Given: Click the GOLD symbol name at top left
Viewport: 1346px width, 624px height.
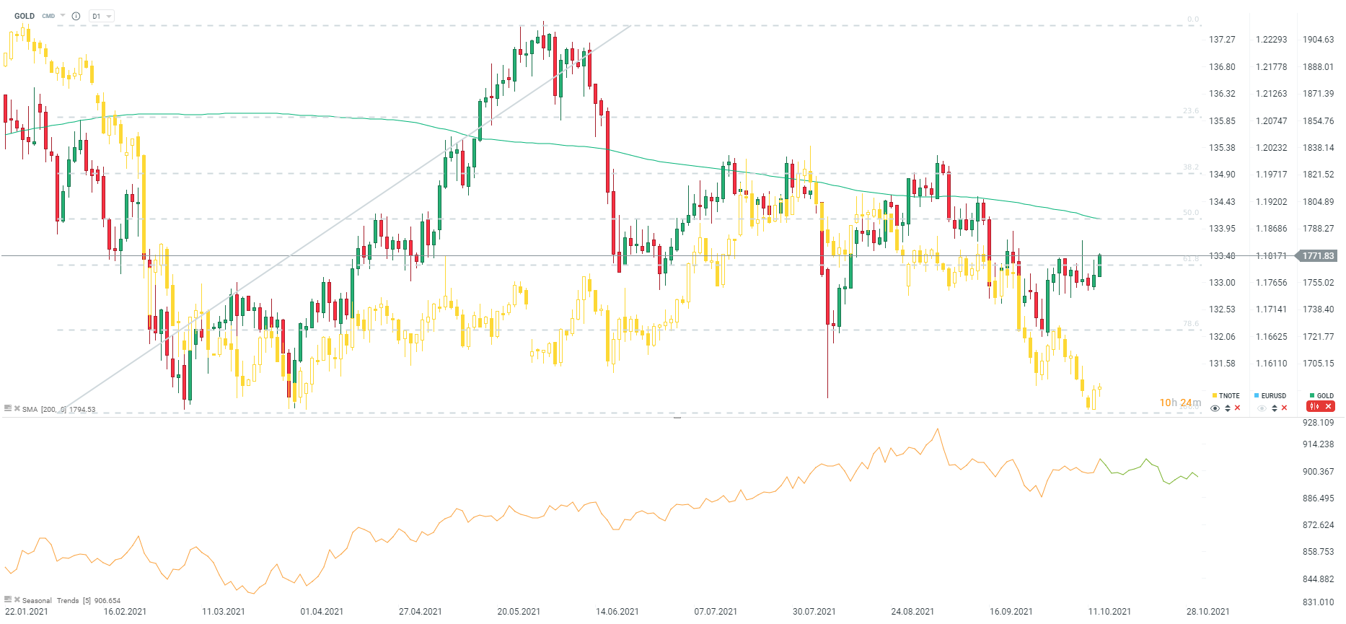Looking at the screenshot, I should [25, 16].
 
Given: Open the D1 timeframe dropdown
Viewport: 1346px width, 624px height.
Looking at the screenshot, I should [101, 16].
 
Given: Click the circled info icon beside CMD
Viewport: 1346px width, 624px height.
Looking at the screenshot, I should [76, 16].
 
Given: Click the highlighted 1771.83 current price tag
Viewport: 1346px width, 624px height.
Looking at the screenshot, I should [1318, 256].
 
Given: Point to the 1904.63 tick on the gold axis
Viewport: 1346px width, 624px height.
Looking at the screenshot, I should [1318, 40].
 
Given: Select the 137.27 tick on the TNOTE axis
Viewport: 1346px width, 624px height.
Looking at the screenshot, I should [1222, 40].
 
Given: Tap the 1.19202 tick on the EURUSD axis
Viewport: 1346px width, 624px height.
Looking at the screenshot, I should [1271, 202].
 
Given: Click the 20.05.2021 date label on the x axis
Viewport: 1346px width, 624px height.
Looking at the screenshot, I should [519, 612].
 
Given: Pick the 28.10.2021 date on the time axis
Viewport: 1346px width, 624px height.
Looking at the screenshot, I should [1208, 612].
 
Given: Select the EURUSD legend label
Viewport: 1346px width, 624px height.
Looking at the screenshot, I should [1273, 396].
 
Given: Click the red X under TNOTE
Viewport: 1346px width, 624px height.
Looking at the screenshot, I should [1238, 408].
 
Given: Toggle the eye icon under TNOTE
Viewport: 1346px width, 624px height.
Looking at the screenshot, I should [1215, 408].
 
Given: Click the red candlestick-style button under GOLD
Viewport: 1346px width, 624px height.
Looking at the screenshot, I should [1314, 407].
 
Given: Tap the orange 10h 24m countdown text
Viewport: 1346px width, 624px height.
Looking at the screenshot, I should [1180, 403].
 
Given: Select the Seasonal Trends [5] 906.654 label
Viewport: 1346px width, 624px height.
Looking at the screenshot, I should [71, 601].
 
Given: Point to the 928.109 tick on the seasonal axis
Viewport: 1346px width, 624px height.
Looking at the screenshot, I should [1318, 423].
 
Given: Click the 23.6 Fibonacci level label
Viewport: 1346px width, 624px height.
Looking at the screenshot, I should [1190, 111].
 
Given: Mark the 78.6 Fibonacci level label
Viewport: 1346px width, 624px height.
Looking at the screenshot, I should [1190, 324].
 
